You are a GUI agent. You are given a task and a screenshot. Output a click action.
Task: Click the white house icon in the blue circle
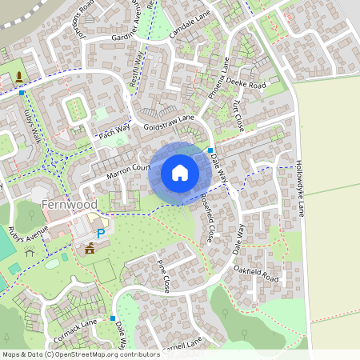179,171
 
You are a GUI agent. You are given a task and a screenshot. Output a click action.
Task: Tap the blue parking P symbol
100,233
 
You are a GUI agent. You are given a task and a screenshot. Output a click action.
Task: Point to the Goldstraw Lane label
170,122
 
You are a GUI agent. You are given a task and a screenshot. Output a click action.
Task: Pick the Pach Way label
114,130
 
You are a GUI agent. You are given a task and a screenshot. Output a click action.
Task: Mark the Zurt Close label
237,117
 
